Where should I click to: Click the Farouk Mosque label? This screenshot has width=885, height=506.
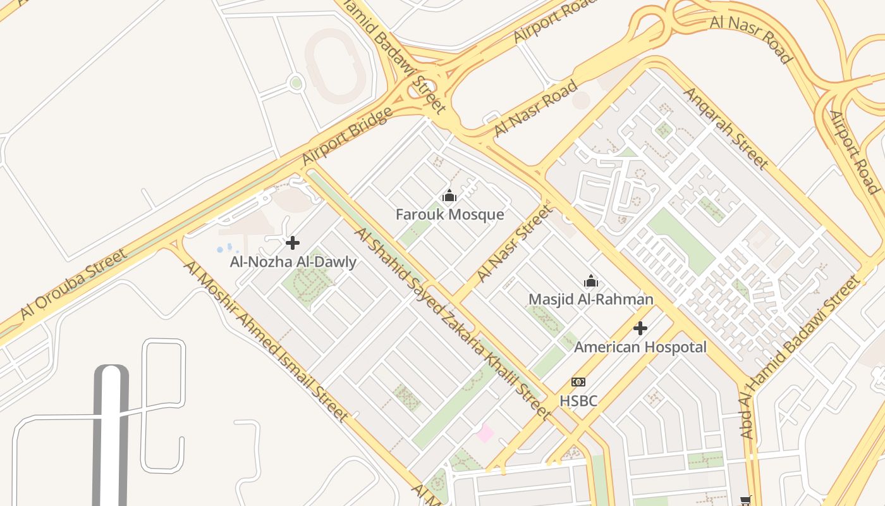[449, 214]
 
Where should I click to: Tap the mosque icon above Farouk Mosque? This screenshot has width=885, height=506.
[449, 196]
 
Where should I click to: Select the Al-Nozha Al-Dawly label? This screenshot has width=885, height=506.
[293, 262]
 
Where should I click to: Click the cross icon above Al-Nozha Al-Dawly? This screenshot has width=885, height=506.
[293, 243]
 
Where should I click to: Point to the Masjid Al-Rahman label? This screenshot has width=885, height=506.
[590, 299]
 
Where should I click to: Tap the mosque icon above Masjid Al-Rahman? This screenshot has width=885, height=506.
[591, 281]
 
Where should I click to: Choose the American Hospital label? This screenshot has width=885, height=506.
[640, 347]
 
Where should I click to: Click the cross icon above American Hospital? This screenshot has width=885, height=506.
[640, 328]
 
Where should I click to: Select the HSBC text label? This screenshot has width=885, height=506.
[578, 401]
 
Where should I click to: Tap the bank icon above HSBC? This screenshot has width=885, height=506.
[578, 382]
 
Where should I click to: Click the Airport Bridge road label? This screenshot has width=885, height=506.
[346, 137]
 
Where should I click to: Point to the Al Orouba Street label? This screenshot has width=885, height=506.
[73, 284]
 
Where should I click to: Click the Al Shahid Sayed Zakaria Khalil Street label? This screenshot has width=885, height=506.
[452, 323]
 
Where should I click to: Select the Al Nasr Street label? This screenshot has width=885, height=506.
[513, 244]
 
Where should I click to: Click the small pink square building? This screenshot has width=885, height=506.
[485, 434]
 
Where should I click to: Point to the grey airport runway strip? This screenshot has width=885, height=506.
[111, 436]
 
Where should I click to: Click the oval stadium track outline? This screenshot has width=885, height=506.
[335, 66]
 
